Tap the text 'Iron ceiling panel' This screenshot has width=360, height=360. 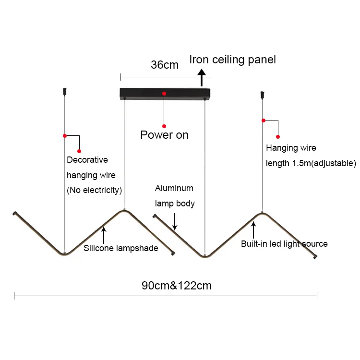[x=233, y=60]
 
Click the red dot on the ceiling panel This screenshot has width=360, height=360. [x=164, y=93]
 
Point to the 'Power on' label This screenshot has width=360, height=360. [x=164, y=135]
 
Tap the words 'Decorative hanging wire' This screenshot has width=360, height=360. [x=91, y=168]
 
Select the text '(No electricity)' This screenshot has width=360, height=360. [x=94, y=190]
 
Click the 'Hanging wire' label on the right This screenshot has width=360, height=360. [x=291, y=148]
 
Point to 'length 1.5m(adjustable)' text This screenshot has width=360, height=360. [x=311, y=163]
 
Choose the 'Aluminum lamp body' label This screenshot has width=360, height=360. [x=175, y=196]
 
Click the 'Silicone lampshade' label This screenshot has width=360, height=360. [x=121, y=248]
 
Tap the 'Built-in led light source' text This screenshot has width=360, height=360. [x=284, y=244]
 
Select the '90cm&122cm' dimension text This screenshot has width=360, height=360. [x=177, y=286]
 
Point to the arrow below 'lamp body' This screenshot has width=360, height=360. [x=175, y=222]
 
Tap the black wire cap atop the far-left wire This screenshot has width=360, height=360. [x=64, y=91]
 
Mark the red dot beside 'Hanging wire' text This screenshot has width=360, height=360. [x=278, y=137]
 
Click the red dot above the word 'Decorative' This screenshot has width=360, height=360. [x=80, y=151]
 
